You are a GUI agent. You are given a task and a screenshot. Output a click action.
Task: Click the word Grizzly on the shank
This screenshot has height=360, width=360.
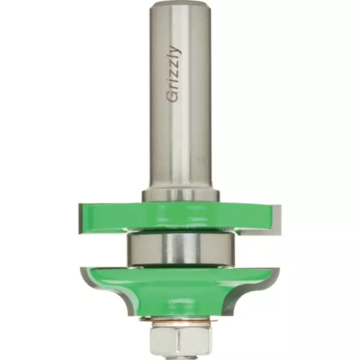pyautogui.click(x=174, y=74)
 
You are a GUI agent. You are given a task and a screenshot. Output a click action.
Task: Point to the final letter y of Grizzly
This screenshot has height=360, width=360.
pyautogui.click(x=175, y=49)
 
